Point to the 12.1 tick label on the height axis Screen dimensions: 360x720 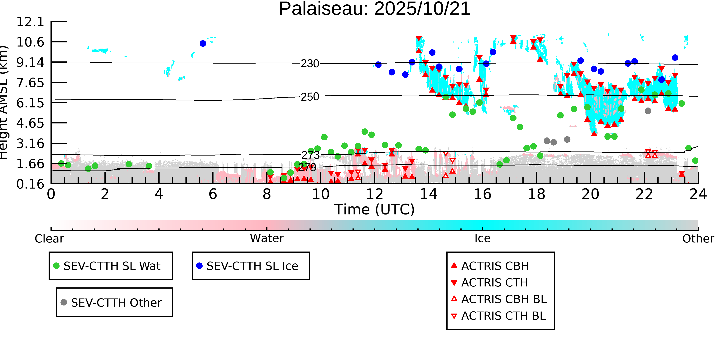tap(30, 22)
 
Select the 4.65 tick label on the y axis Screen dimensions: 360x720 tap(30, 123)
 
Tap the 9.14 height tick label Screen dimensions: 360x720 tap(30, 62)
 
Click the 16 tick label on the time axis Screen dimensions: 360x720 tap(482, 194)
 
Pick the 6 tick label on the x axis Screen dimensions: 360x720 tap(213, 194)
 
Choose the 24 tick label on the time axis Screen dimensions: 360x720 tap(698, 194)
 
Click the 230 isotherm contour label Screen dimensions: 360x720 tap(310, 64)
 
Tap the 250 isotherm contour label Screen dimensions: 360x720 tap(310, 97)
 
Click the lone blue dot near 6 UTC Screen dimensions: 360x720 tap(203, 44)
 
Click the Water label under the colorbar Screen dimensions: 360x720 tap(267, 238)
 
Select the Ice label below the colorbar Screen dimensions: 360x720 tap(482, 238)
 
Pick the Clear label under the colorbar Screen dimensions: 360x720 tap(49, 239)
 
